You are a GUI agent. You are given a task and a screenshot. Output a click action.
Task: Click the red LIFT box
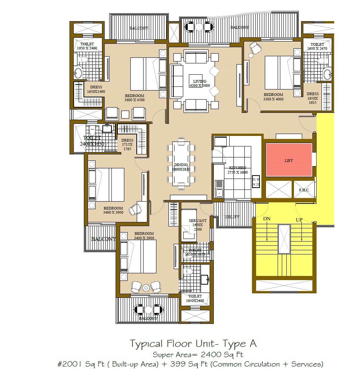tap(289, 160)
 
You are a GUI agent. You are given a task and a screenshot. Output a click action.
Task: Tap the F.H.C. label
tap(304, 190)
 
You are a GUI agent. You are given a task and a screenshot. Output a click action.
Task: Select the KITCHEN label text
tap(237, 168)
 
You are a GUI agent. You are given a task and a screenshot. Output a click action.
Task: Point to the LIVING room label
tap(199, 81)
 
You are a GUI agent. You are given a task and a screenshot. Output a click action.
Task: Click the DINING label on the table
tap(181, 165)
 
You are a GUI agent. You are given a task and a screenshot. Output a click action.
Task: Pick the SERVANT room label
tap(198, 220)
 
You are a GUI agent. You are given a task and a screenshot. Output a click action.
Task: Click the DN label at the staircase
tap(267, 219)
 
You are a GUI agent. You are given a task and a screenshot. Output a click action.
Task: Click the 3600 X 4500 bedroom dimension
tap(134, 100)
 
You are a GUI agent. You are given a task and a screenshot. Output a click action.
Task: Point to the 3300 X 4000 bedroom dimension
tap(273, 99)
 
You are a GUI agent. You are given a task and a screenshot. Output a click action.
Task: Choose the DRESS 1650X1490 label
tap(96, 89)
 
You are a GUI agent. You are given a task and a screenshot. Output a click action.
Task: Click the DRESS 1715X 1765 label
tap(127, 144)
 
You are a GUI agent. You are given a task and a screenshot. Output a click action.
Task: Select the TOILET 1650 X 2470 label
tap(317, 46)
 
